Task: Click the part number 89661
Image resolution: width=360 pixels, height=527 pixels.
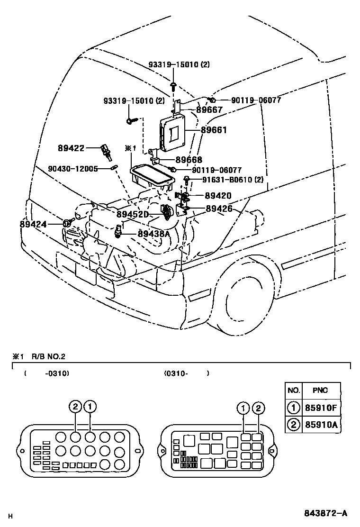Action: pyautogui.click(x=214, y=130)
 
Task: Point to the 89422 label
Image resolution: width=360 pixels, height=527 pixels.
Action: pyautogui.click(x=72, y=148)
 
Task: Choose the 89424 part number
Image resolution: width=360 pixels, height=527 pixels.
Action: pyautogui.click(x=33, y=224)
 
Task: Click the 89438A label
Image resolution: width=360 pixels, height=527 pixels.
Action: pyautogui.click(x=153, y=233)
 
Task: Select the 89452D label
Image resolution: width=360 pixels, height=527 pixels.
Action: pyautogui.click(x=133, y=214)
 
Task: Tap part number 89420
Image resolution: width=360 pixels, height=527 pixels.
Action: pyautogui.click(x=218, y=195)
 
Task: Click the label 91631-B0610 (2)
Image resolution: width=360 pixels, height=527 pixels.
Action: pyautogui.click(x=233, y=180)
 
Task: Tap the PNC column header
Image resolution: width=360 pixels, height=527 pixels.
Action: pyautogui.click(x=320, y=391)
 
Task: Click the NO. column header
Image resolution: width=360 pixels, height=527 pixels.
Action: pyautogui.click(x=294, y=391)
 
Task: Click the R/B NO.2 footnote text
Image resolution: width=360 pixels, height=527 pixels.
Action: pyautogui.click(x=48, y=356)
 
